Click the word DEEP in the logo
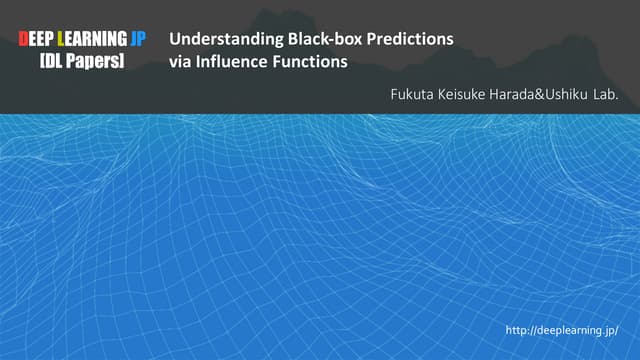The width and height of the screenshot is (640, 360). pyautogui.click(x=38, y=40)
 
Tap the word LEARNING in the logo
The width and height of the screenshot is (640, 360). pyautogui.click(x=95, y=40)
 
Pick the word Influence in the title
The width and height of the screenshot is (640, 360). pyautogui.click(x=236, y=62)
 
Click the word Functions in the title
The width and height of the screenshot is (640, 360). pyautogui.click(x=311, y=62)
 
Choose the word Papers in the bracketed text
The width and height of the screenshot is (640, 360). pyautogui.click(x=94, y=62)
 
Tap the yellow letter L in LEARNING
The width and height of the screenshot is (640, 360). pyautogui.click(x=63, y=40)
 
